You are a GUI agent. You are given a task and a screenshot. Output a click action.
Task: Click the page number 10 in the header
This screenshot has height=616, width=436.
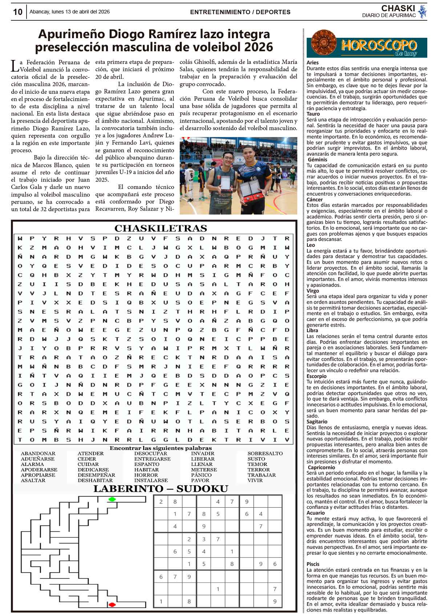(x=17, y=12)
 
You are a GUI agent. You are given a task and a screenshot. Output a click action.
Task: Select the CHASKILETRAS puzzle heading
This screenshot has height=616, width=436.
(x=161, y=228)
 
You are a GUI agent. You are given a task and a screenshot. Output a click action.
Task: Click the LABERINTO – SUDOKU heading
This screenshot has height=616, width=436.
(x=161, y=489)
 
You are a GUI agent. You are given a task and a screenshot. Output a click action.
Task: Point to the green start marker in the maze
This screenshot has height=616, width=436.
(x=112, y=499)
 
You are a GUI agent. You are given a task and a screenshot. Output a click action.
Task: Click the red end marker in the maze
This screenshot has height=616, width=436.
(x=112, y=604)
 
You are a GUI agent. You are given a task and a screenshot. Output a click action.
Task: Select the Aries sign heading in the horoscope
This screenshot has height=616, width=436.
(x=312, y=63)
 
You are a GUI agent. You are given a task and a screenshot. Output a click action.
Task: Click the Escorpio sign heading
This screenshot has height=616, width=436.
(x=316, y=376)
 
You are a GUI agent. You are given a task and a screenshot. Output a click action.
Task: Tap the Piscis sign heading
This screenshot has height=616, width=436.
(x=313, y=564)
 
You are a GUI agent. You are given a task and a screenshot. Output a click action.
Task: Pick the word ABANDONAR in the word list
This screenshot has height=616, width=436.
(x=38, y=454)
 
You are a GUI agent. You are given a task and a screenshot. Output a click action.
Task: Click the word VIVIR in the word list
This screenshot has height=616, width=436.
(x=255, y=480)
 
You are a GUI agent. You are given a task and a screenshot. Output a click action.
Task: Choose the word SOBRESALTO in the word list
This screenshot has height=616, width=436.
(x=265, y=454)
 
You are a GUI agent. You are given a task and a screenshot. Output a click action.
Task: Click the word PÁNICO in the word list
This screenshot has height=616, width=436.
(x=201, y=475)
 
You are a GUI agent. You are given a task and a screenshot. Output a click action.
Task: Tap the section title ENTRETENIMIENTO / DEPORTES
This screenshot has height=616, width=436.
(x=240, y=12)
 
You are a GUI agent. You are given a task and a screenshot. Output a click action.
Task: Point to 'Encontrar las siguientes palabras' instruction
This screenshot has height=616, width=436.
(x=161, y=448)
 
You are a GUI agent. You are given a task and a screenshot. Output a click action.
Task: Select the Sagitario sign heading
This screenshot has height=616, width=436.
(x=317, y=422)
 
